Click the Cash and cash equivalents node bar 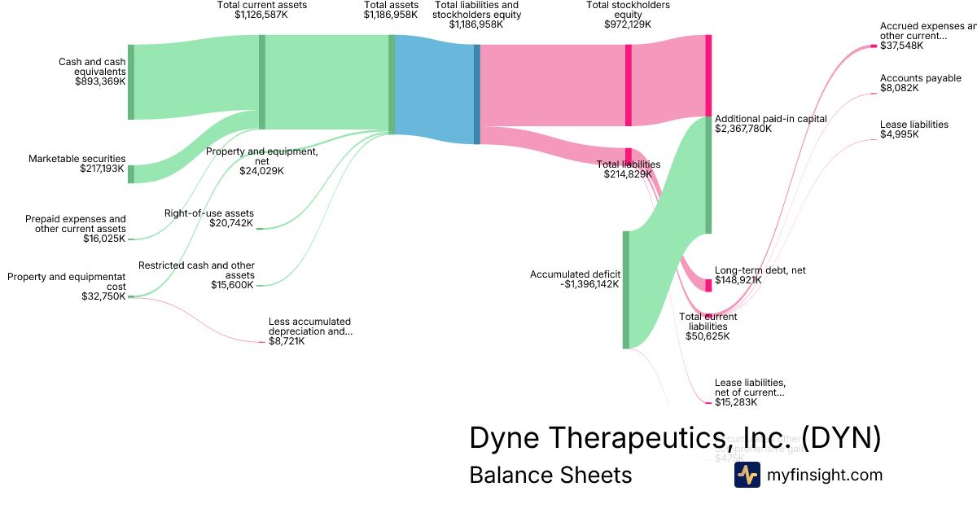[131, 82]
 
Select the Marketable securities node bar [131, 173]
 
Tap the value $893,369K [101, 81]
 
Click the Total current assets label [262, 5]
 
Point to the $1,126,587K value [262, 15]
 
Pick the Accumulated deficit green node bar [626, 289]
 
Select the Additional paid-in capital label [770, 119]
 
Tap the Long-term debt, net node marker [708, 285]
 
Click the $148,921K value [738, 280]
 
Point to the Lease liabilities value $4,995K [899, 134]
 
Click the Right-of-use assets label [209, 213]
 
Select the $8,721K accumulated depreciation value [287, 341]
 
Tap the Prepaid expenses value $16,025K [104, 239]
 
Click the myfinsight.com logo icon [747, 475]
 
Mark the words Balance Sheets [550, 475]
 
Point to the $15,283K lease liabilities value [736, 402]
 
